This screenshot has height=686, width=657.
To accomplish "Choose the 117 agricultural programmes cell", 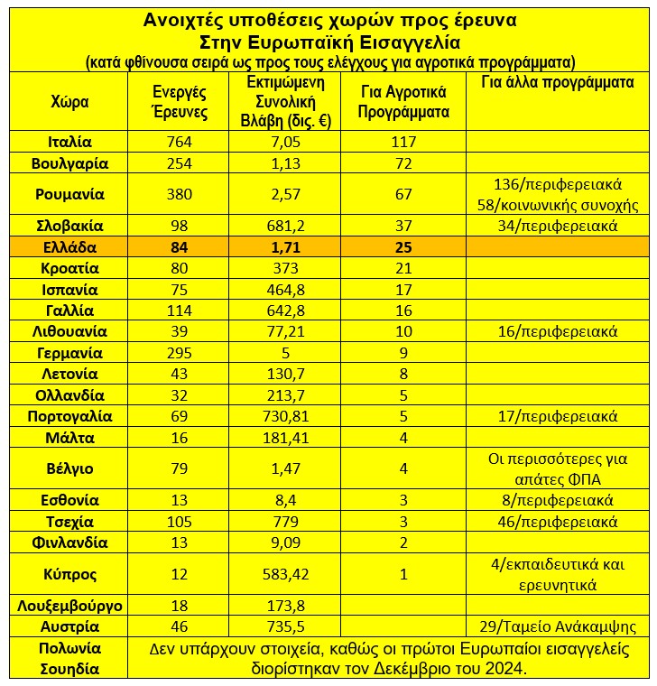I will [x=403, y=142].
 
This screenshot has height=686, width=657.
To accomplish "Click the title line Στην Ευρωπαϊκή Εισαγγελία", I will [x=328, y=42].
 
